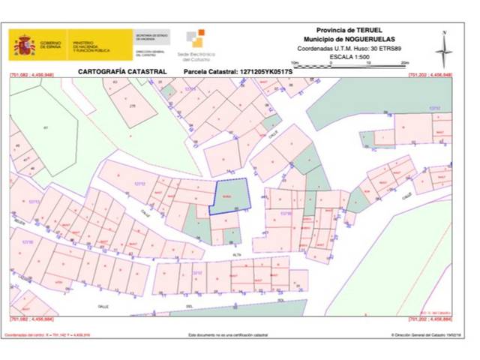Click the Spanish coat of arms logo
tap(24, 45)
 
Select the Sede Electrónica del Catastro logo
tap(194, 45)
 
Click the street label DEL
tap(190, 307)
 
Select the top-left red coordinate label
tap(32, 76)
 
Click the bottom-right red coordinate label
tap(430, 320)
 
